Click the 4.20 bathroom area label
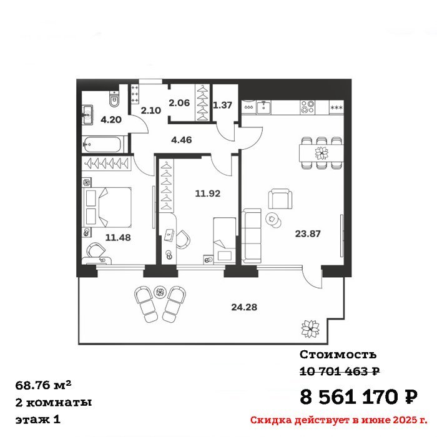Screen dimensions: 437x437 111,120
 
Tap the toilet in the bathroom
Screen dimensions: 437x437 114,99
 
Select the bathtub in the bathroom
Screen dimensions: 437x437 102,144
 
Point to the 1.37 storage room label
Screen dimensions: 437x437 222,105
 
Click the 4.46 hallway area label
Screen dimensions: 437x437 182,140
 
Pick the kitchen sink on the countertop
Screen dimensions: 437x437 263,107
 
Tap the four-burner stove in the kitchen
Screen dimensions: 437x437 307,107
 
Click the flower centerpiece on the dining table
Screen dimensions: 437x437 322,153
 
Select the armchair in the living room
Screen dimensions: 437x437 280,199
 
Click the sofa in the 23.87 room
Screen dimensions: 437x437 252,236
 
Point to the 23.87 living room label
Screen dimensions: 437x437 308,233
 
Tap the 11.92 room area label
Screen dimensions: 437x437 208,193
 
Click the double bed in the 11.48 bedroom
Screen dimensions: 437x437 107,207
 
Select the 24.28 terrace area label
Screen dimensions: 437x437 244,307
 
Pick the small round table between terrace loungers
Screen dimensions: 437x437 160,292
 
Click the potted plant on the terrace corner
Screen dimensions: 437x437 310,328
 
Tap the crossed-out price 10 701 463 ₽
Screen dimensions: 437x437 340,371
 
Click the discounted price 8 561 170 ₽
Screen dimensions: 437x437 359,396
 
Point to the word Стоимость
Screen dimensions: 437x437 338,355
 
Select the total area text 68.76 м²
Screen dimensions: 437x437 44,385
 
